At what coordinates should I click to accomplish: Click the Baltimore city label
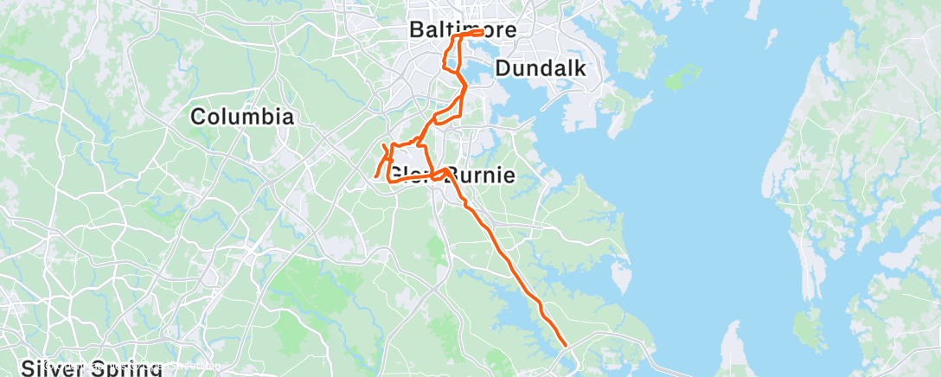(x=462, y=30)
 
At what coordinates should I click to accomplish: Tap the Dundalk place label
(x=541, y=68)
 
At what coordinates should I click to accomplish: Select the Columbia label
(x=242, y=117)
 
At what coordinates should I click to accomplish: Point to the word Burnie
(x=481, y=176)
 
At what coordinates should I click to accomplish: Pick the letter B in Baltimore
(x=416, y=30)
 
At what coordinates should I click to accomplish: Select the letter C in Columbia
(x=198, y=117)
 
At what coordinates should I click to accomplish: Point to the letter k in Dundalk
(x=581, y=68)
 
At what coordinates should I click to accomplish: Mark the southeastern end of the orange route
(x=566, y=345)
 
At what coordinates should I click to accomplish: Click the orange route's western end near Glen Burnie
(x=375, y=177)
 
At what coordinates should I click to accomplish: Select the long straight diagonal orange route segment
(x=510, y=259)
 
